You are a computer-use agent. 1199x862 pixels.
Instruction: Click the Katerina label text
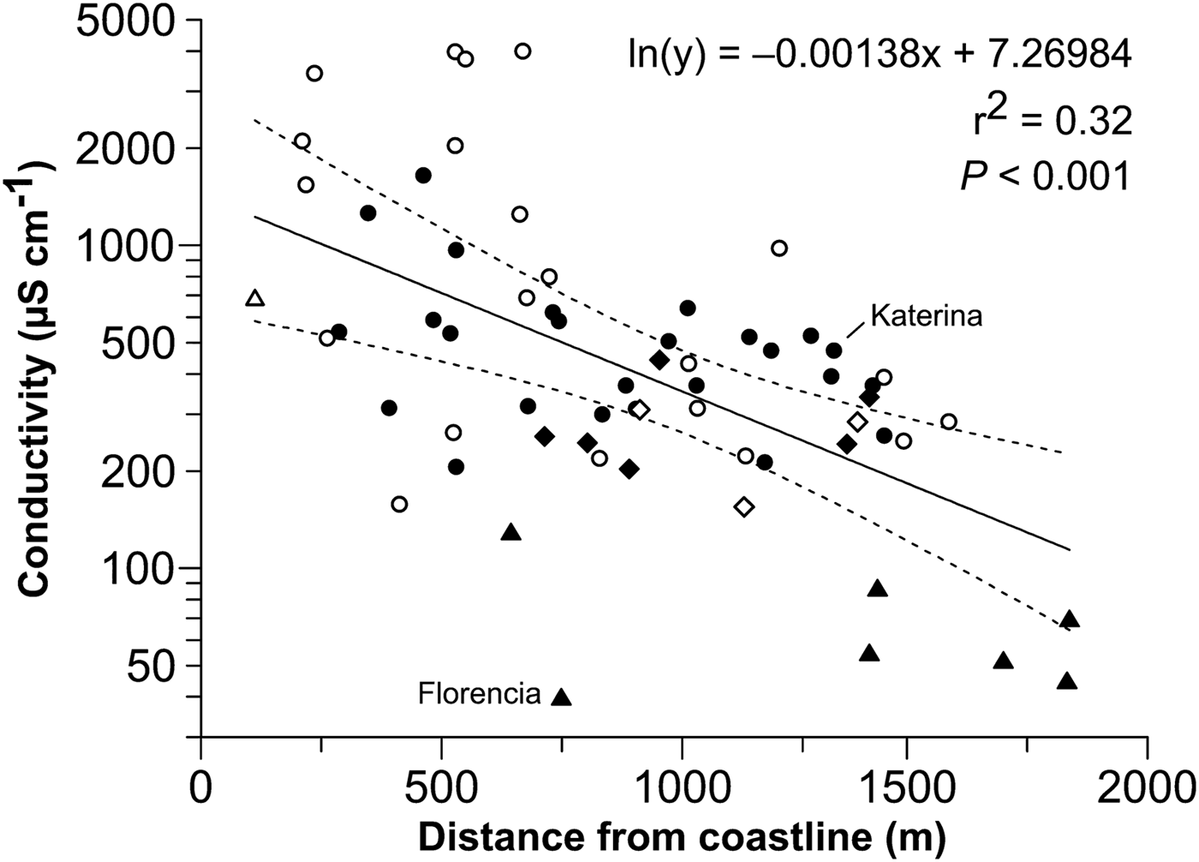pyautogui.click(x=926, y=316)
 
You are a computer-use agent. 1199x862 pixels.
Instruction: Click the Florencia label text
pyautogui.click(x=479, y=693)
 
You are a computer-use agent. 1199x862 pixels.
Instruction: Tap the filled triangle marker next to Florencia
pyautogui.click(x=561, y=697)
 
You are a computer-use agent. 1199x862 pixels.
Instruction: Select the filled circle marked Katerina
pyautogui.click(x=833, y=350)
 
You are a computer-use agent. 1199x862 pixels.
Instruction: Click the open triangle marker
pyautogui.click(x=254, y=298)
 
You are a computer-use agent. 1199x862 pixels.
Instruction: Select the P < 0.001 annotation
pyautogui.click(x=1045, y=177)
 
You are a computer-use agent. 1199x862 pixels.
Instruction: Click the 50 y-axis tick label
pyautogui.click(x=154, y=666)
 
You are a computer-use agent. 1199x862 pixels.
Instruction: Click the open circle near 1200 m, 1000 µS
pyautogui.click(x=778, y=248)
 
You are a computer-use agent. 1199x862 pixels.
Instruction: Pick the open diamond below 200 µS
pyautogui.click(x=744, y=506)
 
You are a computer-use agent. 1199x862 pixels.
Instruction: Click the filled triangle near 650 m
pyautogui.click(x=511, y=532)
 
